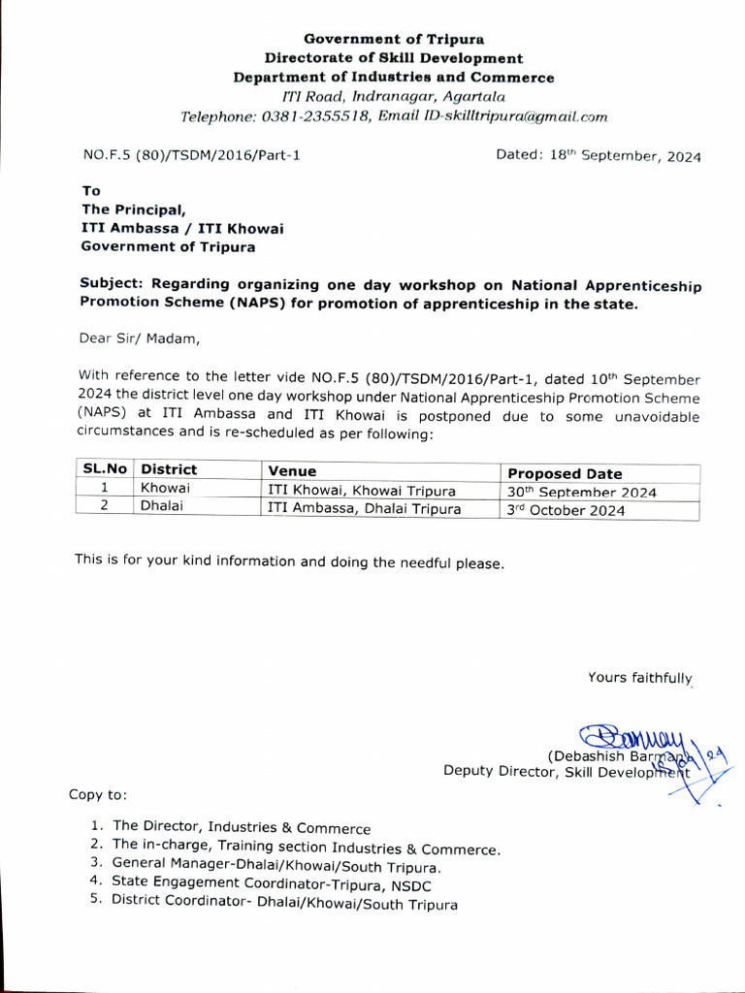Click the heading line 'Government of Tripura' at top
point(394,39)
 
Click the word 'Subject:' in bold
point(113,284)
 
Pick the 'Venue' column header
point(292,471)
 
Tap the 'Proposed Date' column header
point(565,473)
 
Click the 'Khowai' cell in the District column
point(165,489)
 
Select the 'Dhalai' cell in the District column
point(161,506)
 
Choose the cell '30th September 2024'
point(582,492)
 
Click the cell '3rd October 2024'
point(567,510)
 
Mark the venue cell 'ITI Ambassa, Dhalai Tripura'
point(364,508)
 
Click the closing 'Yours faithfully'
point(640,677)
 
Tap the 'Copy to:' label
point(98,795)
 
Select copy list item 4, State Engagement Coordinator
point(272,883)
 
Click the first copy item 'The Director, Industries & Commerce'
point(242,828)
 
